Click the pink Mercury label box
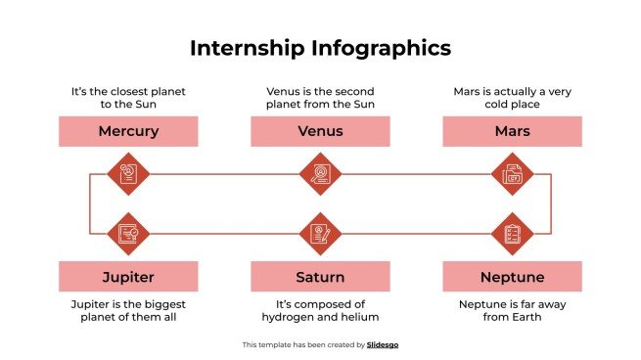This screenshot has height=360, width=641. pos(128,131)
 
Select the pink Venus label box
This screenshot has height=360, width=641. pos(320,131)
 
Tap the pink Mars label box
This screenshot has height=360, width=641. pos(512,131)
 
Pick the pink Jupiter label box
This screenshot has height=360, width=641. pos(128,277)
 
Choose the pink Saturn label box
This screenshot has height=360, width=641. pos(320,277)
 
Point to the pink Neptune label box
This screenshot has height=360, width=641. pos(512,277)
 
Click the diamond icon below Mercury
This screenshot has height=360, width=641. pos(128,175)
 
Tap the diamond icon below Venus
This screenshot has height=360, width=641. pos(320,175)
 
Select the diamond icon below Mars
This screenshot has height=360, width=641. pos(512,175)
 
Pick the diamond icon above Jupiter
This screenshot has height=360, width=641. pos(128,233)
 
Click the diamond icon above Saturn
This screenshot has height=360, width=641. pos(320,233)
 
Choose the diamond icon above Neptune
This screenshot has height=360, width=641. pos(512,233)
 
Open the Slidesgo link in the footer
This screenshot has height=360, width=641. pos(383,344)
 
